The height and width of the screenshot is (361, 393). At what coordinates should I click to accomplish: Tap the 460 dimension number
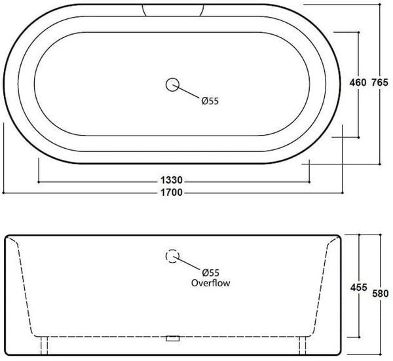click(x=356, y=83)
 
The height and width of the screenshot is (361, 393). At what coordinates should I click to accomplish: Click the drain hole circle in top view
click(x=173, y=84)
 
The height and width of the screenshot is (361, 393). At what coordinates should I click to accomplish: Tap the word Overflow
click(x=210, y=283)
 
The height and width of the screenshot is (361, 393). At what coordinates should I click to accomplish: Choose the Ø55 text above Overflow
click(x=210, y=273)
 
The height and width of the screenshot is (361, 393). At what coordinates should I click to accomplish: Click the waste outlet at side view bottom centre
click(x=173, y=339)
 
